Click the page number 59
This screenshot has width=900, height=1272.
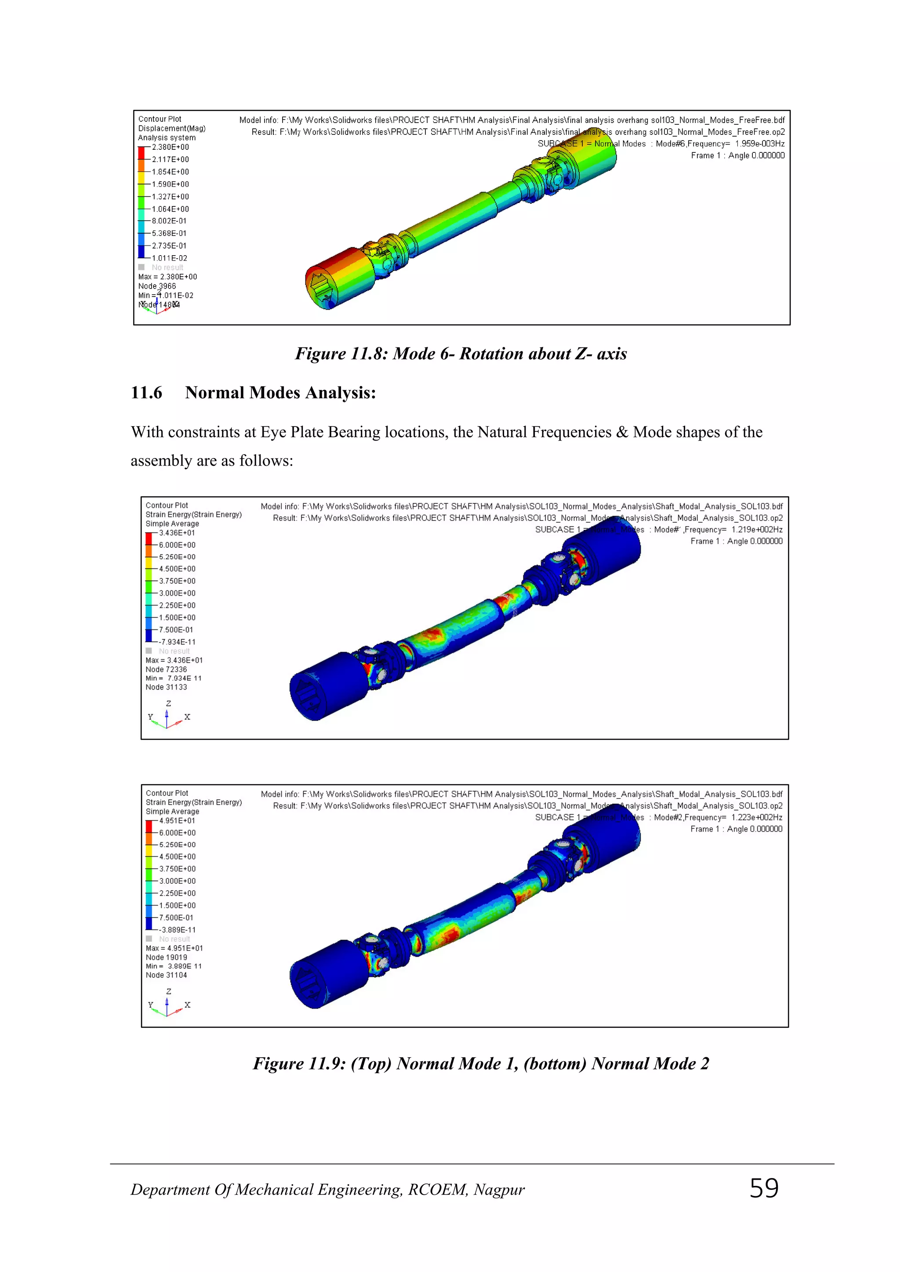[x=764, y=1189]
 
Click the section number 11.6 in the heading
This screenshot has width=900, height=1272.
[x=146, y=393]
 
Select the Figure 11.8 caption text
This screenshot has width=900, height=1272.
[x=461, y=354]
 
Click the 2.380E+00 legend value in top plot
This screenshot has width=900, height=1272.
[x=170, y=148]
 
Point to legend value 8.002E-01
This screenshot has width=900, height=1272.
[x=169, y=221]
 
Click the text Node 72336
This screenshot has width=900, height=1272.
[x=166, y=669]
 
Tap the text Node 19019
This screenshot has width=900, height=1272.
[x=166, y=958]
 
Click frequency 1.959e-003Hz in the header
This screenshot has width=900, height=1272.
[x=759, y=144]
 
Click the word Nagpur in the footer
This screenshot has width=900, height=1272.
[x=499, y=1190]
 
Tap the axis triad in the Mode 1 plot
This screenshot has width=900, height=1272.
[x=167, y=717]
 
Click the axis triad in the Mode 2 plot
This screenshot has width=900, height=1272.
[x=167, y=1005]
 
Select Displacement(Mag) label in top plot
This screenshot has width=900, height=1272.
[x=172, y=129]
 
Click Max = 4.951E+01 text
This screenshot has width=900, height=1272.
[x=174, y=948]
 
